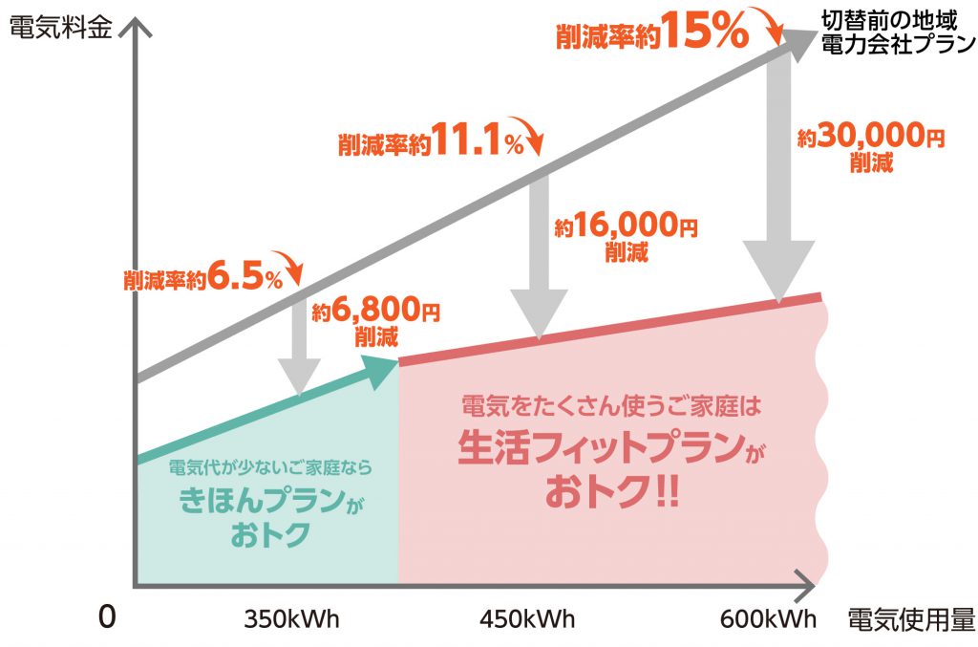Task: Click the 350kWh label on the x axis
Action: point(291,618)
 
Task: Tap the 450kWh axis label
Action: point(526,618)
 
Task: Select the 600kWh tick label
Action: point(768,618)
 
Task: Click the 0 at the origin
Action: point(106,617)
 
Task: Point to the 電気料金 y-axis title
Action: point(60,26)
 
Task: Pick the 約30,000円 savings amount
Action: point(870,138)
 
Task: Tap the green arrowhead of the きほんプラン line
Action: point(382,369)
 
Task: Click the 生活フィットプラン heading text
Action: point(601,448)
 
